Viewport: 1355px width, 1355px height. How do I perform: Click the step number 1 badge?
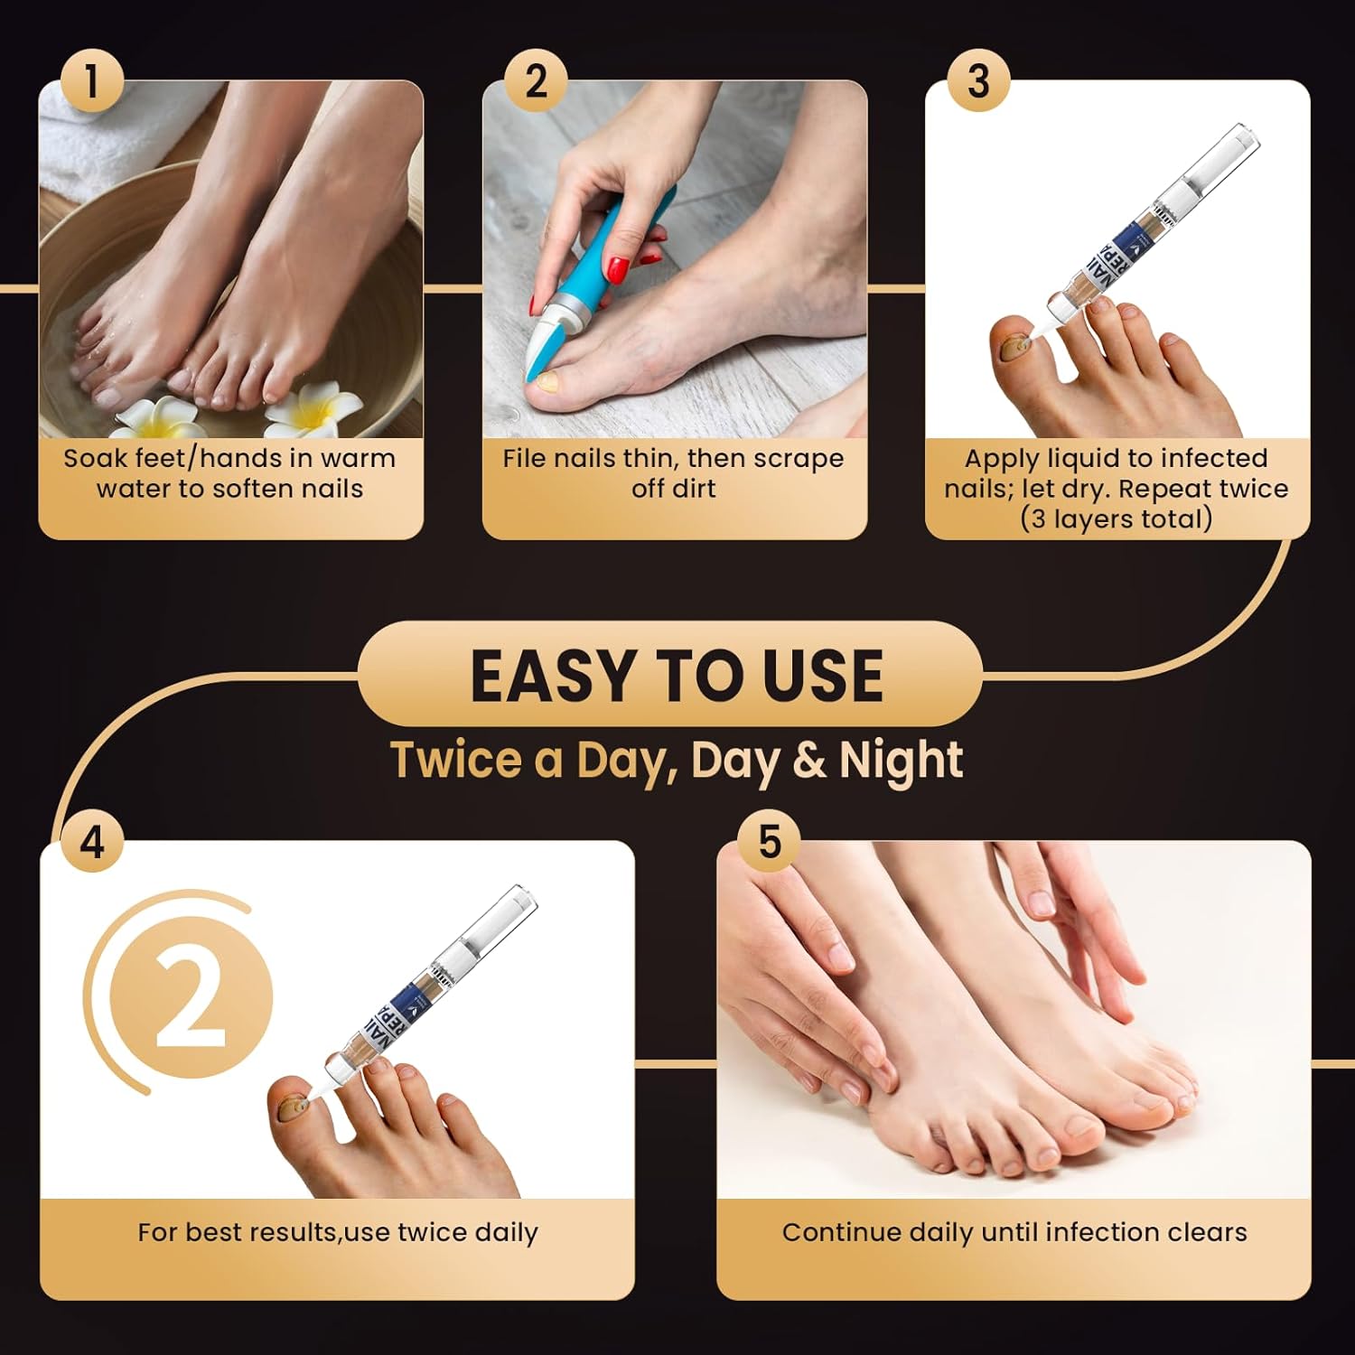(91, 81)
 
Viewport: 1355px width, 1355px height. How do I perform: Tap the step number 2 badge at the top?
(536, 81)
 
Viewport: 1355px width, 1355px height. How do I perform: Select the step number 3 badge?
(978, 81)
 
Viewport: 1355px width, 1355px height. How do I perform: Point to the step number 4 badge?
(92, 842)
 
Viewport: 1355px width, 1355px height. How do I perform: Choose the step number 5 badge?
(769, 842)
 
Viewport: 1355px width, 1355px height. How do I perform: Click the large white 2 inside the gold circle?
(191, 998)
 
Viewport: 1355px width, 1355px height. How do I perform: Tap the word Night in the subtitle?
(901, 760)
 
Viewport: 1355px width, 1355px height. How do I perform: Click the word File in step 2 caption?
(525, 459)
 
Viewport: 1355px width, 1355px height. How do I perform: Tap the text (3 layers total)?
(1117, 519)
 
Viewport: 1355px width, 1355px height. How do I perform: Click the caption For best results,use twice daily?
(338, 1232)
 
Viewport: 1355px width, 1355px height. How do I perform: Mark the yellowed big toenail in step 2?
(548, 382)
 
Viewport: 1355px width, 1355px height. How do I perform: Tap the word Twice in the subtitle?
(456, 760)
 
